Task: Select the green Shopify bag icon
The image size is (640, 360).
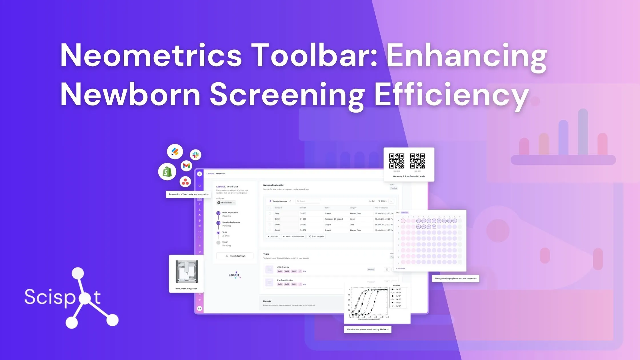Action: [167, 172]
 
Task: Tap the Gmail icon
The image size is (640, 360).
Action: [186, 166]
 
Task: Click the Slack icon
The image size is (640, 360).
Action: [195, 155]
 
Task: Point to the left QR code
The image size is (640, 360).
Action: [397, 161]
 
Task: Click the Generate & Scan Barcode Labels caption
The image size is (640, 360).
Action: [409, 176]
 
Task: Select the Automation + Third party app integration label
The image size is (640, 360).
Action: [188, 194]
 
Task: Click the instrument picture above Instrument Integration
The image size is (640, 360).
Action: [187, 271]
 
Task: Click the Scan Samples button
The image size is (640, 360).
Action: [316, 237]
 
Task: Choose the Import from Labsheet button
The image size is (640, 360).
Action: [293, 237]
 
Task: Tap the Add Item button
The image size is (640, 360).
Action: [273, 237]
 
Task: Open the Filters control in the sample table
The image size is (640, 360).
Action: [382, 201]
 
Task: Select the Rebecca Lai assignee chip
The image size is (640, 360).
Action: [226, 203]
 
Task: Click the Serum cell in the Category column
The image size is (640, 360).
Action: [352, 219]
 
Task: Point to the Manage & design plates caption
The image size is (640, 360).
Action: [455, 278]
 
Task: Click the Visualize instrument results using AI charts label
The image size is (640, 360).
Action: [367, 329]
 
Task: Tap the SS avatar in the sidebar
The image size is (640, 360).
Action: [199, 309]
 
